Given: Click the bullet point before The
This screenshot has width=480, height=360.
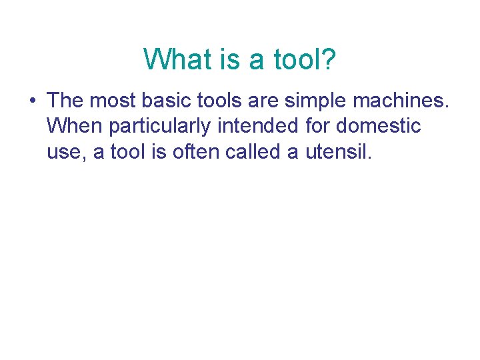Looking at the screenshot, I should point(32,101).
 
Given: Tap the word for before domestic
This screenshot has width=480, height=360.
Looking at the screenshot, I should point(315,126).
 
